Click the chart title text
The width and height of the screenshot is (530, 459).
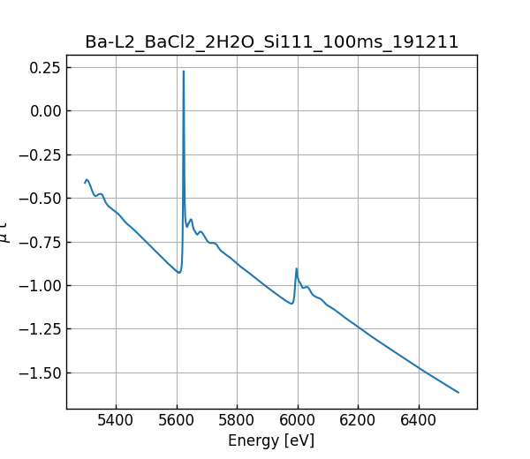[x=271, y=42]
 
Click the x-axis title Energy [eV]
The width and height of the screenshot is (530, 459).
[x=271, y=440]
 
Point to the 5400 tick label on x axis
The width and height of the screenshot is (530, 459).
[x=116, y=421]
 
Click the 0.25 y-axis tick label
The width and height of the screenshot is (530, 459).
[x=44, y=67]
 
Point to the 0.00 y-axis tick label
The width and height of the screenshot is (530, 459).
[x=44, y=110]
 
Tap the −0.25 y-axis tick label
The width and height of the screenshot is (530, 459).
[x=41, y=154]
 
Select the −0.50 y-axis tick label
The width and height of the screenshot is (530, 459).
[x=41, y=198]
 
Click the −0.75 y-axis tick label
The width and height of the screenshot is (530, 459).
[x=41, y=242]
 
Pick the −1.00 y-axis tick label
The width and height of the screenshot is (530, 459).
[x=41, y=285]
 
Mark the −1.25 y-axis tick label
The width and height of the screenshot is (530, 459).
[x=41, y=328]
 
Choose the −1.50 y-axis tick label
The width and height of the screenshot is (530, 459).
[x=41, y=372]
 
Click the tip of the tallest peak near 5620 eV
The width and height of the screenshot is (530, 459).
[x=184, y=71]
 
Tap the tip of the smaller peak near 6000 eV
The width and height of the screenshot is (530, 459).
[x=297, y=268]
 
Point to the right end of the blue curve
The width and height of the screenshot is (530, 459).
[x=458, y=392]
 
